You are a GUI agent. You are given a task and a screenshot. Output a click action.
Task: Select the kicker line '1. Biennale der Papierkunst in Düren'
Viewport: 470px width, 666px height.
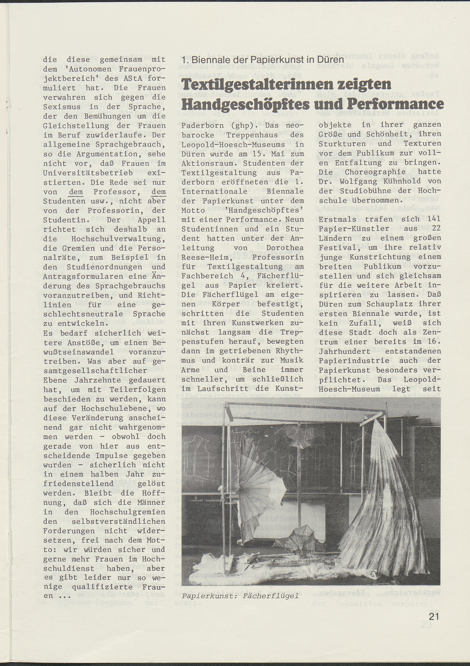263,60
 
